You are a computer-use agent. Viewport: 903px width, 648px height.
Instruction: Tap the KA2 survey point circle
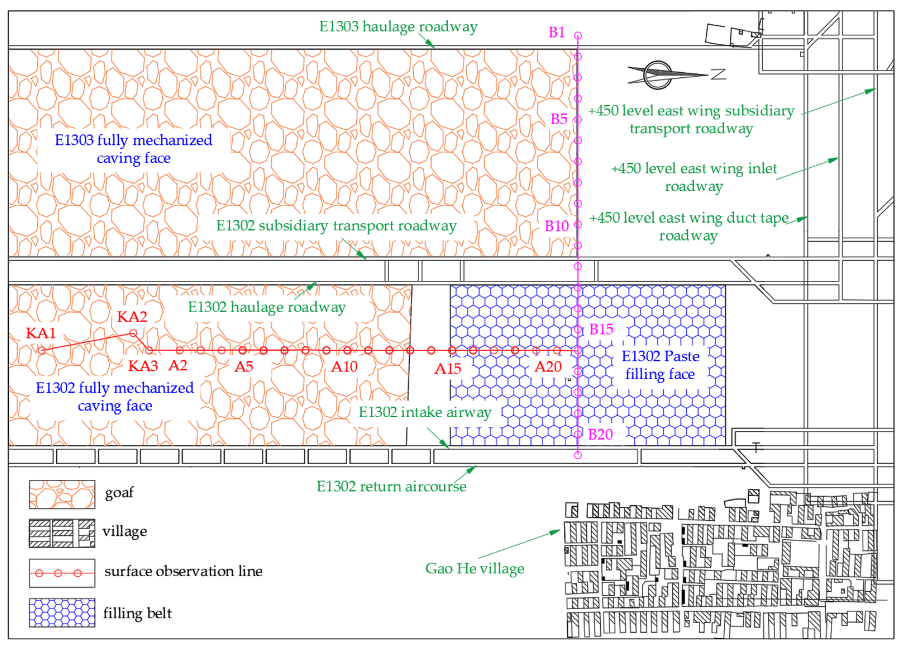pos(133,333)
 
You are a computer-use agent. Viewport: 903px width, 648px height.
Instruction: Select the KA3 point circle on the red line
pos(149,351)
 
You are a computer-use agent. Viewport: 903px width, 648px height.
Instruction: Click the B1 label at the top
pos(556,32)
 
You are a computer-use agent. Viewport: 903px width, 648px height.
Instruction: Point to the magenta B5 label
pos(559,119)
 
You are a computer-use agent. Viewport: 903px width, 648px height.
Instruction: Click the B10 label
pos(556,226)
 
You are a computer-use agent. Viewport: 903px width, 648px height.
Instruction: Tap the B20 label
pos(600,434)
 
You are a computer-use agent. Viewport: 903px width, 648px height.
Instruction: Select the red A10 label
pos(344,366)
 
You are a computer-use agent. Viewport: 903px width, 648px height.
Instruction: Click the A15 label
pos(448,369)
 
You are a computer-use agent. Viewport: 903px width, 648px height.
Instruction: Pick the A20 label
pos(548,366)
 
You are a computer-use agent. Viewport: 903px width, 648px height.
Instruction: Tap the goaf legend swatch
pos(62,494)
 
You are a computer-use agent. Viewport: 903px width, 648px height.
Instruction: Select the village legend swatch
pos(62,533)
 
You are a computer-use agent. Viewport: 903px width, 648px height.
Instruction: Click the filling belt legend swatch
pos(62,613)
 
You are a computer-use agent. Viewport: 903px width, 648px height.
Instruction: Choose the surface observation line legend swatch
pos(62,573)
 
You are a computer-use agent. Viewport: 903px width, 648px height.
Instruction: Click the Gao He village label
pos(475,568)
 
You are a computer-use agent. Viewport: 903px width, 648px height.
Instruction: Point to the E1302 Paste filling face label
pos(660,365)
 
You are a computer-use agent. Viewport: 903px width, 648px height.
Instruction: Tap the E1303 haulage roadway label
pos(398,27)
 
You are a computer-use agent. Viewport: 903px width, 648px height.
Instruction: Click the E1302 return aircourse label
pos(391,486)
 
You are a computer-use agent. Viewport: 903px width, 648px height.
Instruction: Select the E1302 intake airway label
pos(425,412)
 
